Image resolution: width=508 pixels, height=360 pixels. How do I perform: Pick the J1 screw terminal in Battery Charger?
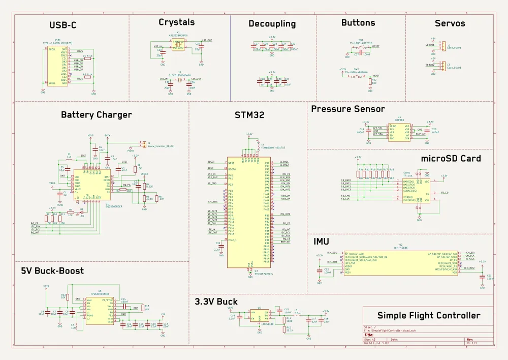coord(144,144)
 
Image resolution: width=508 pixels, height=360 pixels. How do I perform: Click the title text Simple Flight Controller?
coord(428,315)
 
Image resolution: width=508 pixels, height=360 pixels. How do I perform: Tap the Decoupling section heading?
coord(272,24)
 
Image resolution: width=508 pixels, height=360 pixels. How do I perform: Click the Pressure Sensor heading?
coord(348,109)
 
